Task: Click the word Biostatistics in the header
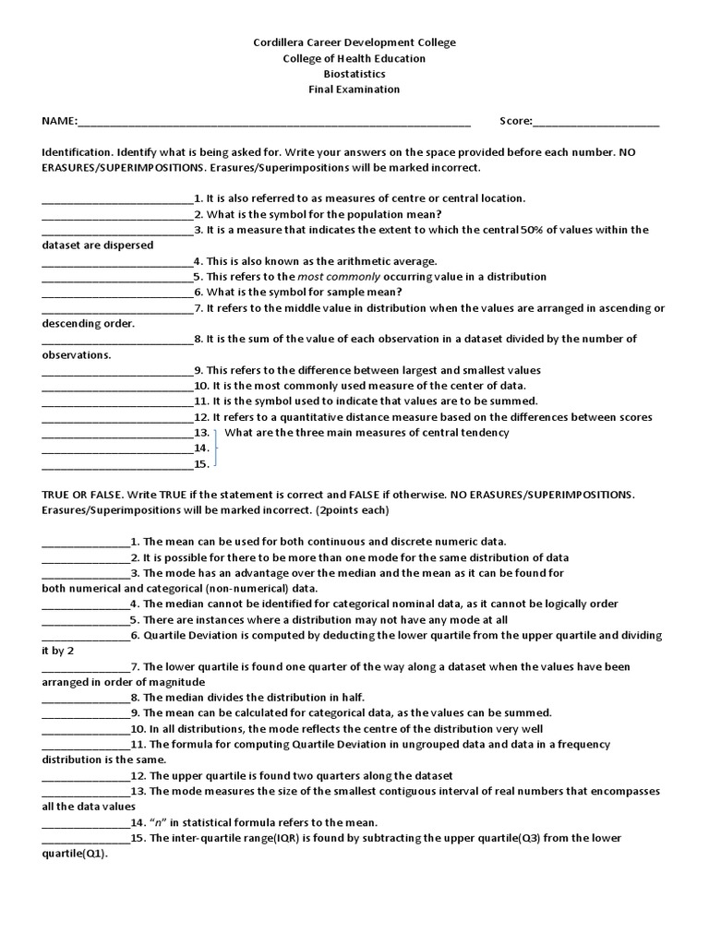click(x=354, y=74)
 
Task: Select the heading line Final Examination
click(x=354, y=90)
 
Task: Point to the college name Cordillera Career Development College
click(x=354, y=42)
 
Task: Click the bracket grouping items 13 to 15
click(x=216, y=448)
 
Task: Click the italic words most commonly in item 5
click(x=329, y=277)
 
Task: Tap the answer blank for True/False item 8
click(x=86, y=699)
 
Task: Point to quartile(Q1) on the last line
click(x=75, y=854)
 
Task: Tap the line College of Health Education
click(x=354, y=58)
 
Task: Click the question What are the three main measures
click(x=367, y=433)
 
